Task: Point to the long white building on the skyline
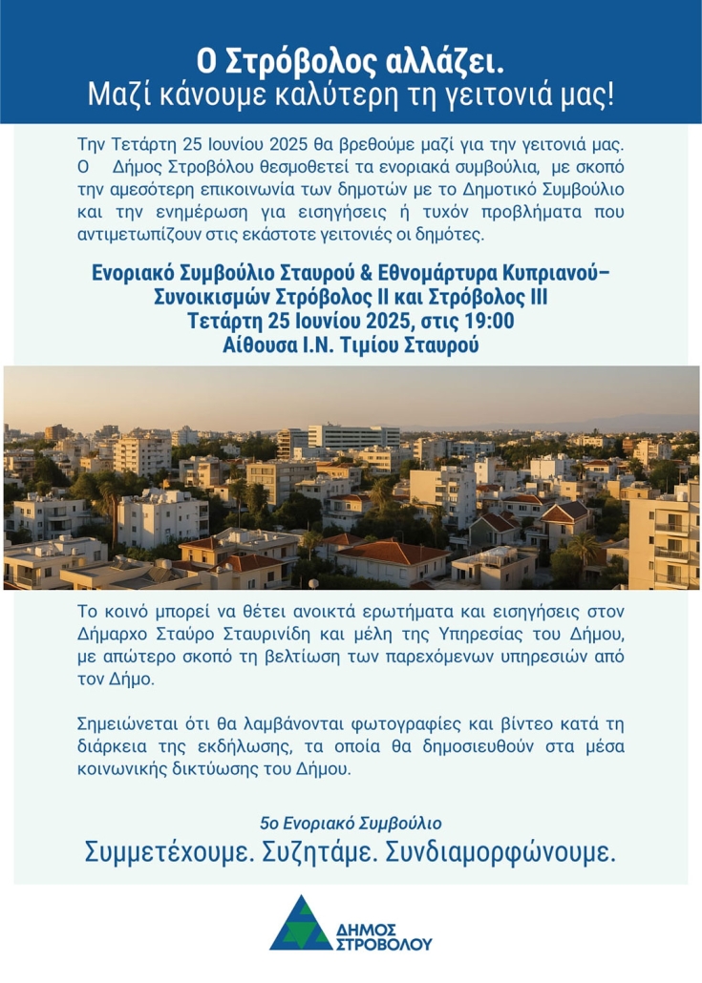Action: pos(353,437)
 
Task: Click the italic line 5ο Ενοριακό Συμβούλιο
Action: pos(351,822)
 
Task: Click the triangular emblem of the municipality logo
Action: pos(300,924)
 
